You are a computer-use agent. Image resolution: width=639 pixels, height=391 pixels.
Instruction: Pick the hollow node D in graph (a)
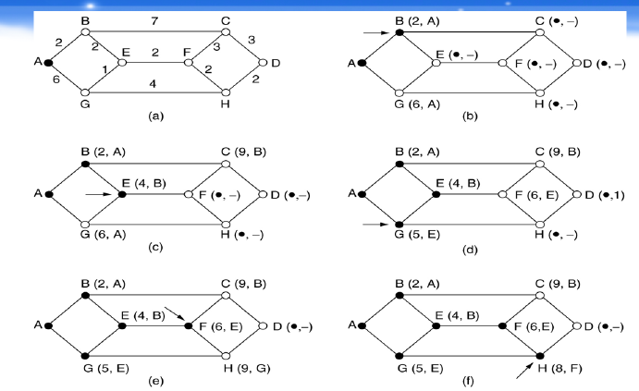pos(264,63)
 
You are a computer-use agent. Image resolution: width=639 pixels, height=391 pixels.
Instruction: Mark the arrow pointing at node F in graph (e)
pos(172,312)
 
